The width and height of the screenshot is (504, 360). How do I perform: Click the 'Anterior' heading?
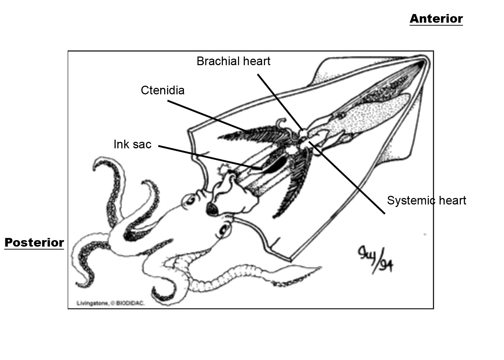tap(436, 19)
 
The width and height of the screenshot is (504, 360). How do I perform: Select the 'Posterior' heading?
tap(34, 243)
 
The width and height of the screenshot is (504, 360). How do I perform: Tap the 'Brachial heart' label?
tap(233, 61)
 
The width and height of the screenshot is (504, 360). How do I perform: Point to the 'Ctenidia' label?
tap(162, 90)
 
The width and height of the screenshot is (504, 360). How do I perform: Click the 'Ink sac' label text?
tap(132, 144)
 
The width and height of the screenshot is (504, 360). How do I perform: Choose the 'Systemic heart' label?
tap(426, 201)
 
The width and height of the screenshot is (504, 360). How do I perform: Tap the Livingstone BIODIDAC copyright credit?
tap(111, 303)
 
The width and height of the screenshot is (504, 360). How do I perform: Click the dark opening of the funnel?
tap(211, 208)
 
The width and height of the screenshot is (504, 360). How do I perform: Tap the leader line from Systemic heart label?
tap(347, 178)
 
